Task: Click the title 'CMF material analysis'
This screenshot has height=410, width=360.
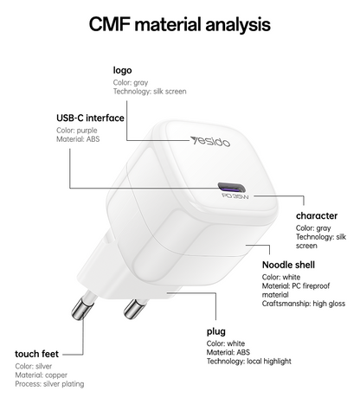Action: (x=179, y=24)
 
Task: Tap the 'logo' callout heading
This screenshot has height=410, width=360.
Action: (x=122, y=70)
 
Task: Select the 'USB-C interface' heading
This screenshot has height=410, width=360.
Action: (x=90, y=118)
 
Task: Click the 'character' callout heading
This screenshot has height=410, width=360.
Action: (x=317, y=215)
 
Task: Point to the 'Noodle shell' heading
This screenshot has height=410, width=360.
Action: (x=288, y=265)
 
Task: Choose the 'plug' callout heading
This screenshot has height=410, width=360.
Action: (x=216, y=331)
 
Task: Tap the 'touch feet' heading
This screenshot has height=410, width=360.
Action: (x=36, y=354)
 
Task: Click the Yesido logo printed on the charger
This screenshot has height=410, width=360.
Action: (x=210, y=141)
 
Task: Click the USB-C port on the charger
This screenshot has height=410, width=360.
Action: (x=231, y=188)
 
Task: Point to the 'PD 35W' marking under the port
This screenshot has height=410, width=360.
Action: (x=235, y=196)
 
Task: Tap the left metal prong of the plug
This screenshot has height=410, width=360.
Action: (x=82, y=306)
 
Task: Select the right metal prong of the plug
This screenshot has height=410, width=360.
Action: (x=134, y=308)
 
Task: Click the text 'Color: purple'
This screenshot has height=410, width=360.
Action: (x=77, y=131)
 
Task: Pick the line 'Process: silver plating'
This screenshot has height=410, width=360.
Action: (x=49, y=384)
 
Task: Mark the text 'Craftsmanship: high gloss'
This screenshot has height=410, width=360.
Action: (x=304, y=304)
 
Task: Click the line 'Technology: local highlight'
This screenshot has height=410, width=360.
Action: (x=249, y=362)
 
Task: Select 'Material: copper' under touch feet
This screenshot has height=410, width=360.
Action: (x=42, y=375)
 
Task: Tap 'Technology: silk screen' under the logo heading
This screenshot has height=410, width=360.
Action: (x=150, y=92)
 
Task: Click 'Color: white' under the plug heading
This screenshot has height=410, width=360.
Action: (x=226, y=343)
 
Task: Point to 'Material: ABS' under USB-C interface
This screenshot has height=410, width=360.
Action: (x=78, y=139)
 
